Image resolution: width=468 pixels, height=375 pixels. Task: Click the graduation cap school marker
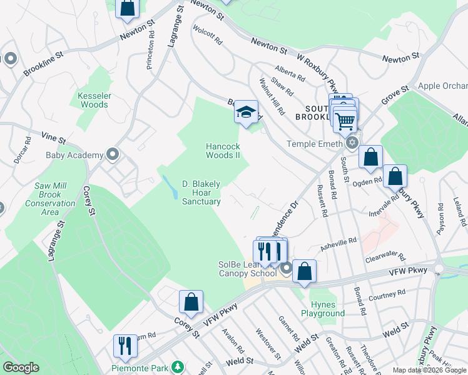[247, 113]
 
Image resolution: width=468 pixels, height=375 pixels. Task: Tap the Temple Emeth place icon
[352, 143]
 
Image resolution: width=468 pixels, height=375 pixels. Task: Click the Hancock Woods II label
[223, 151]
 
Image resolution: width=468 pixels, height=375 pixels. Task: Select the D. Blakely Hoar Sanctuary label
[201, 192]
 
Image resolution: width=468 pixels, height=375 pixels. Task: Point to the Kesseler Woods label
[93, 100]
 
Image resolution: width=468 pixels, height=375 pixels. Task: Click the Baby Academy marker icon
[113, 154]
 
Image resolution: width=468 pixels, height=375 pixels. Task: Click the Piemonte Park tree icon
[178, 366]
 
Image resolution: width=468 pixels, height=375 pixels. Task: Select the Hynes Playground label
[323, 308]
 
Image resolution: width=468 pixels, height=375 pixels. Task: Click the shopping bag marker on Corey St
[191, 302]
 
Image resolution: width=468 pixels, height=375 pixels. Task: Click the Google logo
[20, 367]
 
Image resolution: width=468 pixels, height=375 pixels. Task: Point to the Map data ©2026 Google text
[429, 370]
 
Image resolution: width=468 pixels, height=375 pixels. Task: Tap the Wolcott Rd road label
[208, 34]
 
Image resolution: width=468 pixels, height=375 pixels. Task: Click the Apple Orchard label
[442, 86]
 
